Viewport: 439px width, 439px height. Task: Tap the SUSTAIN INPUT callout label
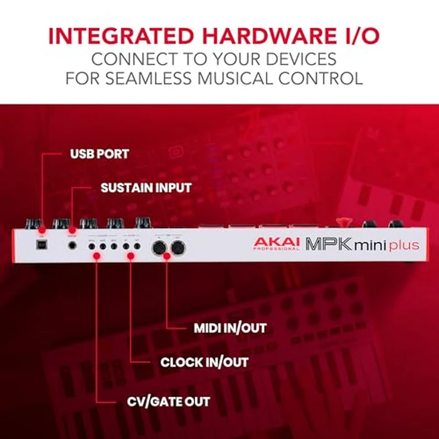pyautogui.click(x=146, y=188)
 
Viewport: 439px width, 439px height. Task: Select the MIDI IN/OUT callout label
pyautogui.click(x=230, y=328)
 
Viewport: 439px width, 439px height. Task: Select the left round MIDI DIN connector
pyautogui.click(x=158, y=246)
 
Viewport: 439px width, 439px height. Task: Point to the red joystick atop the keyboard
pyautogui.click(x=342, y=221)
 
